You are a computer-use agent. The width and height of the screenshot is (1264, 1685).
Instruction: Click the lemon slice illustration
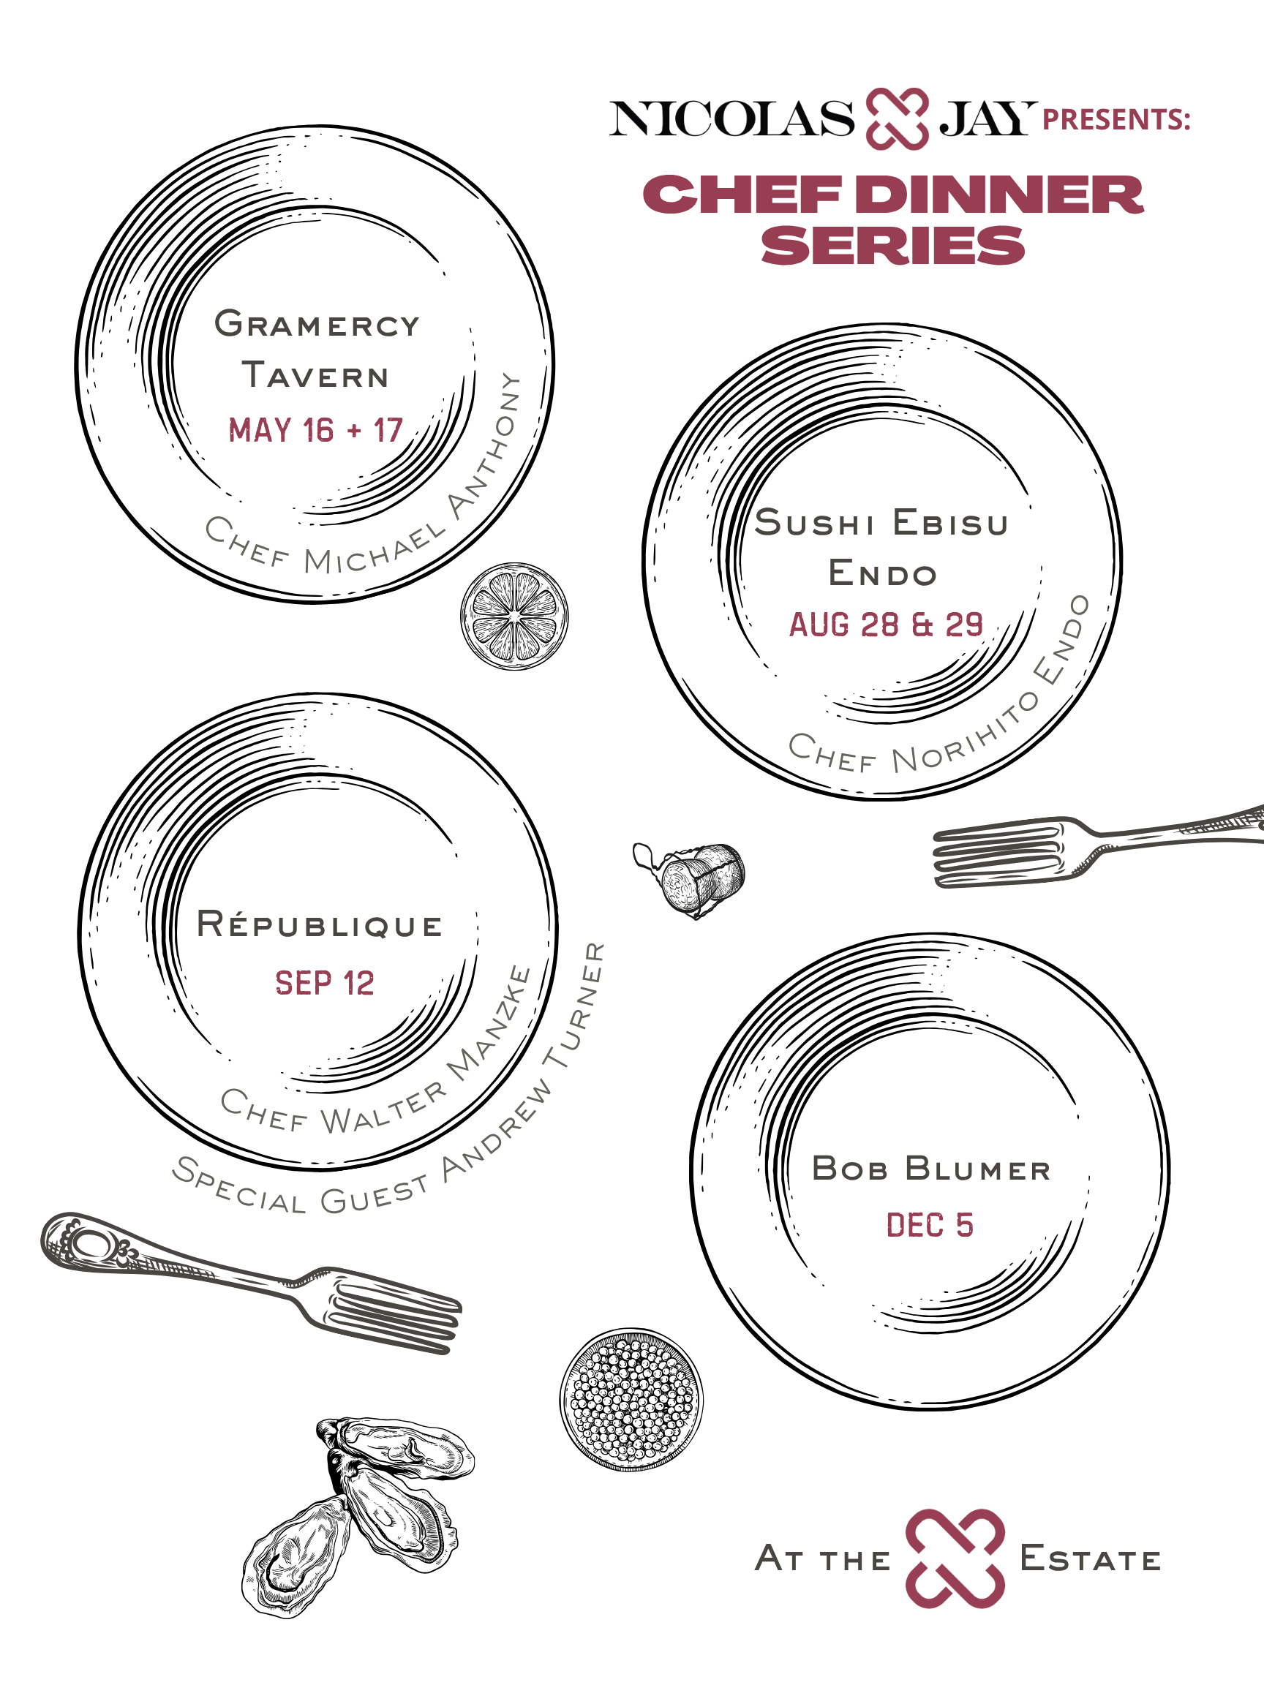(x=514, y=617)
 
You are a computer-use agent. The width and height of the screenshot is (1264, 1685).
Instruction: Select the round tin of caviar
(x=631, y=1399)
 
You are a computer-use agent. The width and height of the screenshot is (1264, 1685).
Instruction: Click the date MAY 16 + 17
(x=315, y=430)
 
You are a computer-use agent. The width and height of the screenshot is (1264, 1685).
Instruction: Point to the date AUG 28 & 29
(x=886, y=625)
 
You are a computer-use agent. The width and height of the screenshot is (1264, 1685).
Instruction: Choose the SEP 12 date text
(x=325, y=984)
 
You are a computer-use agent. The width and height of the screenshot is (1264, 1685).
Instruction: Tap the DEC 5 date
(x=930, y=1225)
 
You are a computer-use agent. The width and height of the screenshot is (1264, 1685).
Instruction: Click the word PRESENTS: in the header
(x=1116, y=120)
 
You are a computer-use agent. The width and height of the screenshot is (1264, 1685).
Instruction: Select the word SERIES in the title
(x=893, y=246)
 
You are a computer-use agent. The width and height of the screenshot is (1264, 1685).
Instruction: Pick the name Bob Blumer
(x=931, y=1169)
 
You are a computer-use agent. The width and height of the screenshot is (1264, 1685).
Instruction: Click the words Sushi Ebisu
(x=881, y=523)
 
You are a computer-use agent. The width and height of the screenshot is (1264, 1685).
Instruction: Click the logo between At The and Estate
(x=955, y=1558)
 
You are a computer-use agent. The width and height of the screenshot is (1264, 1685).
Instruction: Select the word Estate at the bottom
(x=1089, y=1559)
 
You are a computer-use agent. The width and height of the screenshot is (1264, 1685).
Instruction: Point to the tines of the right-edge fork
(x=998, y=855)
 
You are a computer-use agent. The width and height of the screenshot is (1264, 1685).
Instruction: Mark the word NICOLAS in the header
(x=732, y=118)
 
